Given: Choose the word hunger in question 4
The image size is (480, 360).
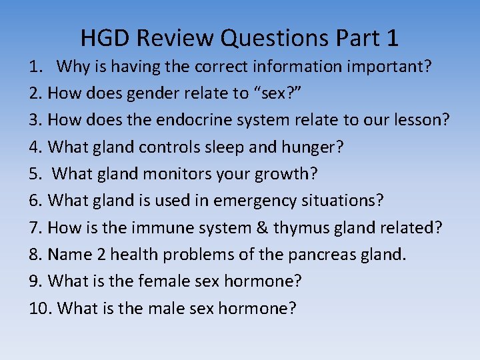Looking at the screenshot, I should [x=315, y=147].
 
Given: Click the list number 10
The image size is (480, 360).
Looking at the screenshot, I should [x=39, y=307].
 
